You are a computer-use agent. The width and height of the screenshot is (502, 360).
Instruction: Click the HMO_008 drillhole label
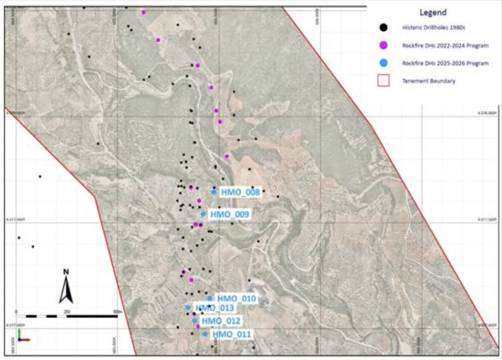click(x=241, y=192)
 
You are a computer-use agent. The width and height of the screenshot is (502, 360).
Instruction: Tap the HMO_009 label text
click(x=230, y=214)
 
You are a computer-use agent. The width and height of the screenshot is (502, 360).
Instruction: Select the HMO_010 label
click(x=236, y=299)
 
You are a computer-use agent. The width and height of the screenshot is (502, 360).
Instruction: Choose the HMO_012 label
click(x=220, y=322)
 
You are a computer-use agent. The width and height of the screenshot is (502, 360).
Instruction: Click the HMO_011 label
click(x=231, y=334)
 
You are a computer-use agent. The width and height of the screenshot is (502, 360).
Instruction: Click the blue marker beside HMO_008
click(x=214, y=192)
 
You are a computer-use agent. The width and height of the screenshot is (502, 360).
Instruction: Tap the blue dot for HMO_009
click(x=203, y=214)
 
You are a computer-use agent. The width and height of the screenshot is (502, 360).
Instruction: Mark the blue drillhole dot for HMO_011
click(x=205, y=334)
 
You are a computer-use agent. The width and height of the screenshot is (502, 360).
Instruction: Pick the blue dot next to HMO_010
click(x=210, y=299)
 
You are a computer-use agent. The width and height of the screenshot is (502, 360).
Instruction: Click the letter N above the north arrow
click(x=66, y=272)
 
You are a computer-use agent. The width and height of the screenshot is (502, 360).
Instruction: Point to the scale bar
click(x=67, y=316)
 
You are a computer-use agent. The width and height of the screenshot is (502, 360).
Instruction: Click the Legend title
click(x=433, y=13)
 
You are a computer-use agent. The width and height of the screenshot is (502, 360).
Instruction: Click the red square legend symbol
click(x=384, y=81)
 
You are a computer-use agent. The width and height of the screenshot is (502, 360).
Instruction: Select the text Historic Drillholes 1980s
click(x=428, y=28)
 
